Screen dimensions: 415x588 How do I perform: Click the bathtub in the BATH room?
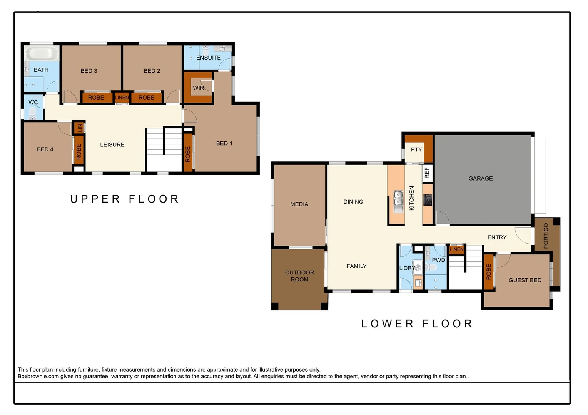[x=42, y=53]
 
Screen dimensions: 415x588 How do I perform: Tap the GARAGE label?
[x=480, y=178]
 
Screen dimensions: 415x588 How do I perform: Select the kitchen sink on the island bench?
[x=398, y=201]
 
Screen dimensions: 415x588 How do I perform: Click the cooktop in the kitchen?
[x=428, y=200]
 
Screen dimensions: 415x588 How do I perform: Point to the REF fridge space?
[x=427, y=173]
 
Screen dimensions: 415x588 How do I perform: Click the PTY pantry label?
[x=416, y=149]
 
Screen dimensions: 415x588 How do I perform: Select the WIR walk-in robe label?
[x=198, y=88]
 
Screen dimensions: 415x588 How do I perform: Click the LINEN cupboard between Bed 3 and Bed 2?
[x=122, y=98]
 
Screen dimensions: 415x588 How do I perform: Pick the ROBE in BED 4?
[x=79, y=151]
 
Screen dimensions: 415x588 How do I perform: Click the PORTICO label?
[x=546, y=236]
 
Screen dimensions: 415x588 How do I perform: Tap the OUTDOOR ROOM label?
[x=299, y=276]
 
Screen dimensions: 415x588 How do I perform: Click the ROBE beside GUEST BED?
[x=488, y=272]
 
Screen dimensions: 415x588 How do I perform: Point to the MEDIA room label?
[x=299, y=204]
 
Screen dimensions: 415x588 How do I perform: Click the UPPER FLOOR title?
[x=125, y=199]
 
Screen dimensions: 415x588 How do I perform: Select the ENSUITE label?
[x=208, y=58]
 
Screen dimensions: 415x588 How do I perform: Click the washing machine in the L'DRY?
[x=418, y=267]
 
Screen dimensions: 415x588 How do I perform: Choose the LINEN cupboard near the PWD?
[x=456, y=249]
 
